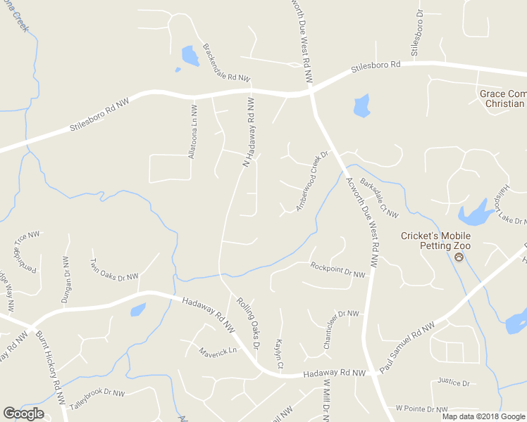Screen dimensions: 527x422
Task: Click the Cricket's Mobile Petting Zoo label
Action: pos(435,241)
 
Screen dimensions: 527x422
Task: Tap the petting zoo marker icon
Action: pos(459,258)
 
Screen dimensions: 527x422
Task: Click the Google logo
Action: pos(23,414)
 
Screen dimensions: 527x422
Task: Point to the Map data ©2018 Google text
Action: pos(483,416)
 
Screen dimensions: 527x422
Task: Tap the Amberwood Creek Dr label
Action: pos(312,181)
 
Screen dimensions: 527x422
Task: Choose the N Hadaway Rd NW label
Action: pos(248,132)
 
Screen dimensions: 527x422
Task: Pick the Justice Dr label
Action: pos(453,382)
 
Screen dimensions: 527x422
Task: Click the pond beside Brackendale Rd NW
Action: pos(190,55)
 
